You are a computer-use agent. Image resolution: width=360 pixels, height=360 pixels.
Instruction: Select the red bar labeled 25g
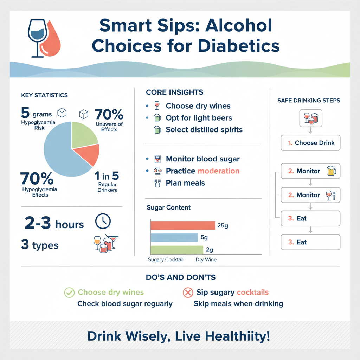182,225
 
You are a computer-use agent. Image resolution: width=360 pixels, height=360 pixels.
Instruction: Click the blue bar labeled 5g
174,238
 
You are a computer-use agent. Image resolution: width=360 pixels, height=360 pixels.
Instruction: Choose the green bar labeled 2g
176,250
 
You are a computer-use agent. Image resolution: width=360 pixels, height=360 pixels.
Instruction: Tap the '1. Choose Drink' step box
311,143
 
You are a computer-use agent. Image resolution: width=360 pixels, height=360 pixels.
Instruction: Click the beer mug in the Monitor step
331,171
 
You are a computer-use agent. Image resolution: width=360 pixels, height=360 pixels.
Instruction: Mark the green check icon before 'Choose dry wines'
69,292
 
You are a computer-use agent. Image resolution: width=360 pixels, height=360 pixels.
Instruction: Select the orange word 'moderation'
218,171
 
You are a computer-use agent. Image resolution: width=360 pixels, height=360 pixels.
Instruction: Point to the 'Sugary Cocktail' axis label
166,260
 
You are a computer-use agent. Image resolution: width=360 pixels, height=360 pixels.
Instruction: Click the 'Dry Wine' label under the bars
206,260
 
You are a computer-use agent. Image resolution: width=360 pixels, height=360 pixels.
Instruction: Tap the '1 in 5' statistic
106,175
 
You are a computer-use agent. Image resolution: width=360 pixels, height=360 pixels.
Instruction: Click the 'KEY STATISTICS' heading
44,95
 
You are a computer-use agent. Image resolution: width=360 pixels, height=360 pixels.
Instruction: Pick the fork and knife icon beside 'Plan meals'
157,183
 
